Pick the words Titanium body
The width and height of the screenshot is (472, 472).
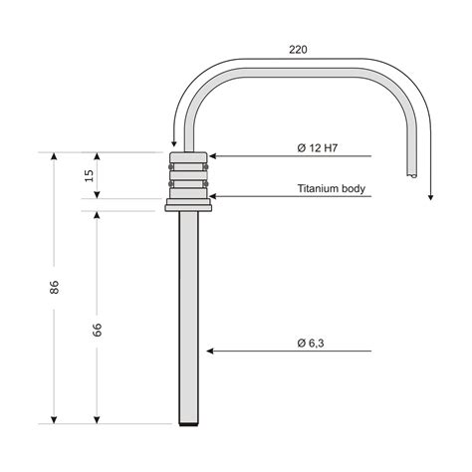coord(333,188)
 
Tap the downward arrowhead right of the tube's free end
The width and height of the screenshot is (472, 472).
coord(430,195)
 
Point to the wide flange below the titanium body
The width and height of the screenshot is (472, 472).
coord(189,207)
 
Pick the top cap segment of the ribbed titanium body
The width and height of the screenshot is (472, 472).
coord(189,157)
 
